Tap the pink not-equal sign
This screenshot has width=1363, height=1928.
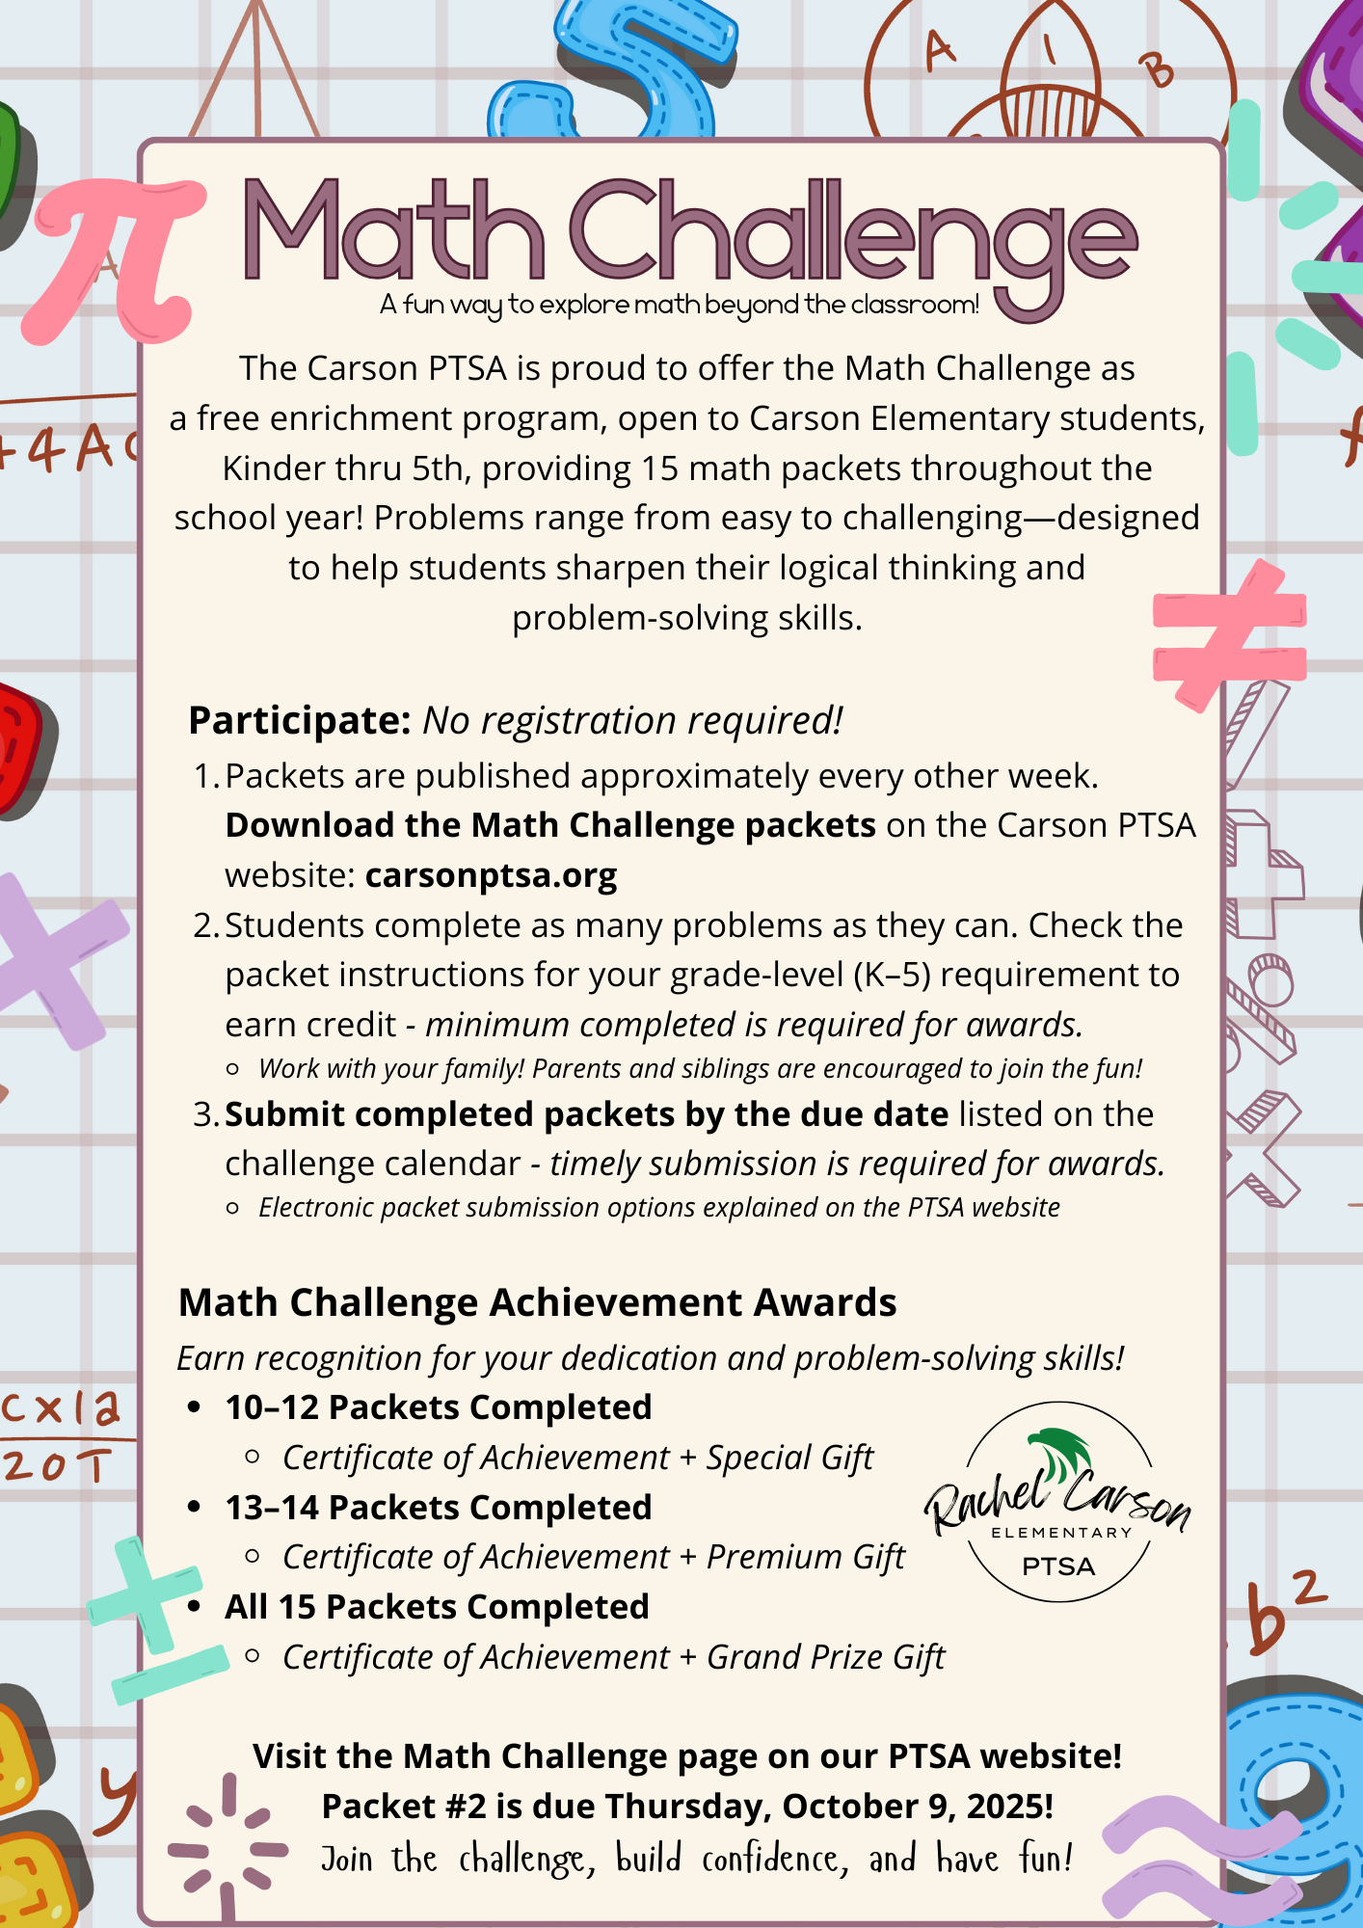tap(1229, 636)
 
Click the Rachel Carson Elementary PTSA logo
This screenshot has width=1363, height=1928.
tap(1058, 1501)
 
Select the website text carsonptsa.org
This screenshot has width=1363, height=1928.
tap(491, 875)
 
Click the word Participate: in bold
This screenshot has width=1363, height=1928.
tap(300, 720)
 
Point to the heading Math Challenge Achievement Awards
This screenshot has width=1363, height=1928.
tap(537, 1302)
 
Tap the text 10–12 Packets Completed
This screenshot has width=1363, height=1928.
tap(439, 1407)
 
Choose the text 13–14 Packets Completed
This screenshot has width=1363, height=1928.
tap(439, 1508)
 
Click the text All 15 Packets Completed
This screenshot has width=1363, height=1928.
tap(437, 1607)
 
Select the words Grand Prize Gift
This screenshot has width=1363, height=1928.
tap(826, 1657)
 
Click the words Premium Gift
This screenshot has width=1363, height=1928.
tap(806, 1557)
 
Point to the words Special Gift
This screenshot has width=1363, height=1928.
tap(789, 1458)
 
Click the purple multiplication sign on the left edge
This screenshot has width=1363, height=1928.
tap(58, 959)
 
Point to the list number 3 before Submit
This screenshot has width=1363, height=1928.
tap(205, 1114)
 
